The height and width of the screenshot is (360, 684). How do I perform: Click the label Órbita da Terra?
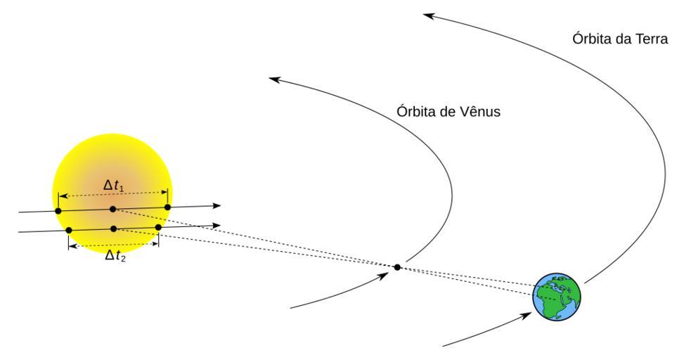(620, 39)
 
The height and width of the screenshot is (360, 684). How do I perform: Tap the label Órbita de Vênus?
(449, 112)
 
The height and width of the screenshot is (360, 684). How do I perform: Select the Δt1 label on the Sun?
(113, 186)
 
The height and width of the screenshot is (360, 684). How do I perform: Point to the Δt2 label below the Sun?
(115, 255)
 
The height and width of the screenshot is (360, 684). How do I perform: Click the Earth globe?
(557, 297)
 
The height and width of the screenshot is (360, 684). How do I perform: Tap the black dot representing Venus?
(397, 267)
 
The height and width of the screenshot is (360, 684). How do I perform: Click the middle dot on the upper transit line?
(112, 209)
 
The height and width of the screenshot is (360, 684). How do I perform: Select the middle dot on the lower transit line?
(113, 229)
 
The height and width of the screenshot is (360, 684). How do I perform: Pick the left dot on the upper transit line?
(58, 211)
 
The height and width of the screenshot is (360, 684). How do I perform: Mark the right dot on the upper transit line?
(167, 207)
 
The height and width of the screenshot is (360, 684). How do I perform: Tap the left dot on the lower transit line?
(68, 230)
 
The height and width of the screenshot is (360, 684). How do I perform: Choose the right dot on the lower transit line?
(158, 227)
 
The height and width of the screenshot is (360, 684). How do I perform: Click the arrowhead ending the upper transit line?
(217, 205)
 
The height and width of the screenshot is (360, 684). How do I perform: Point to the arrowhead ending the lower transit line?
(217, 225)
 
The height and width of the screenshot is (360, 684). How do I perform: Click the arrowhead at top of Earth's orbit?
(428, 15)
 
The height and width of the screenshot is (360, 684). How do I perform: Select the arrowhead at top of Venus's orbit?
(273, 79)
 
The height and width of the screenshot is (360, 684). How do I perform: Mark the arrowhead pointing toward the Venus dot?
(384, 276)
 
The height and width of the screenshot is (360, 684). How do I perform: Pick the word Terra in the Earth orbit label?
(651, 39)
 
